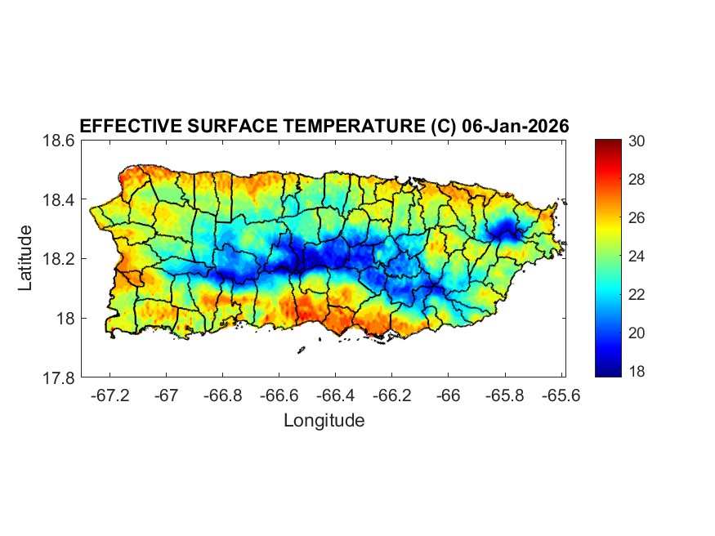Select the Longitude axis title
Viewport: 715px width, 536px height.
coord(324,421)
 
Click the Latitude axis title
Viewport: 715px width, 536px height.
coord(26,258)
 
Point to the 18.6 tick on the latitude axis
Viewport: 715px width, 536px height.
coord(59,141)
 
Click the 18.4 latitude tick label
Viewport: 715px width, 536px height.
coord(59,200)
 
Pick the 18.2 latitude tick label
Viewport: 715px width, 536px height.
coord(59,259)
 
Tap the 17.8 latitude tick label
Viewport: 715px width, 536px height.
coord(59,378)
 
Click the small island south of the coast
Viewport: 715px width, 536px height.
coord(301,350)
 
